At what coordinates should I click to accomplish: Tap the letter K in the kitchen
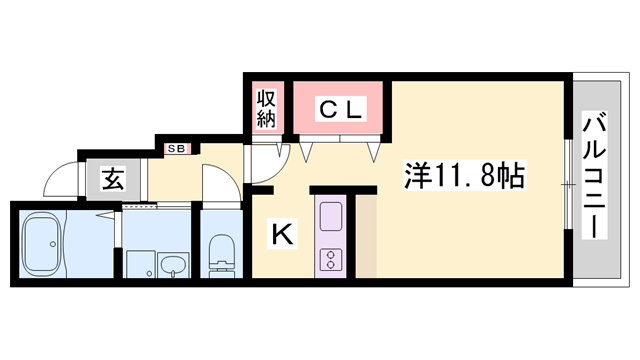282,235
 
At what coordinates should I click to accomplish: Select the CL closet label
339,107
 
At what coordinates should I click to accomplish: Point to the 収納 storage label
266,108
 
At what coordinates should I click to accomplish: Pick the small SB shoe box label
177,149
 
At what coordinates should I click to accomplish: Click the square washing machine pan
140,264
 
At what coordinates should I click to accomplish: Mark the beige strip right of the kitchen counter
366,235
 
